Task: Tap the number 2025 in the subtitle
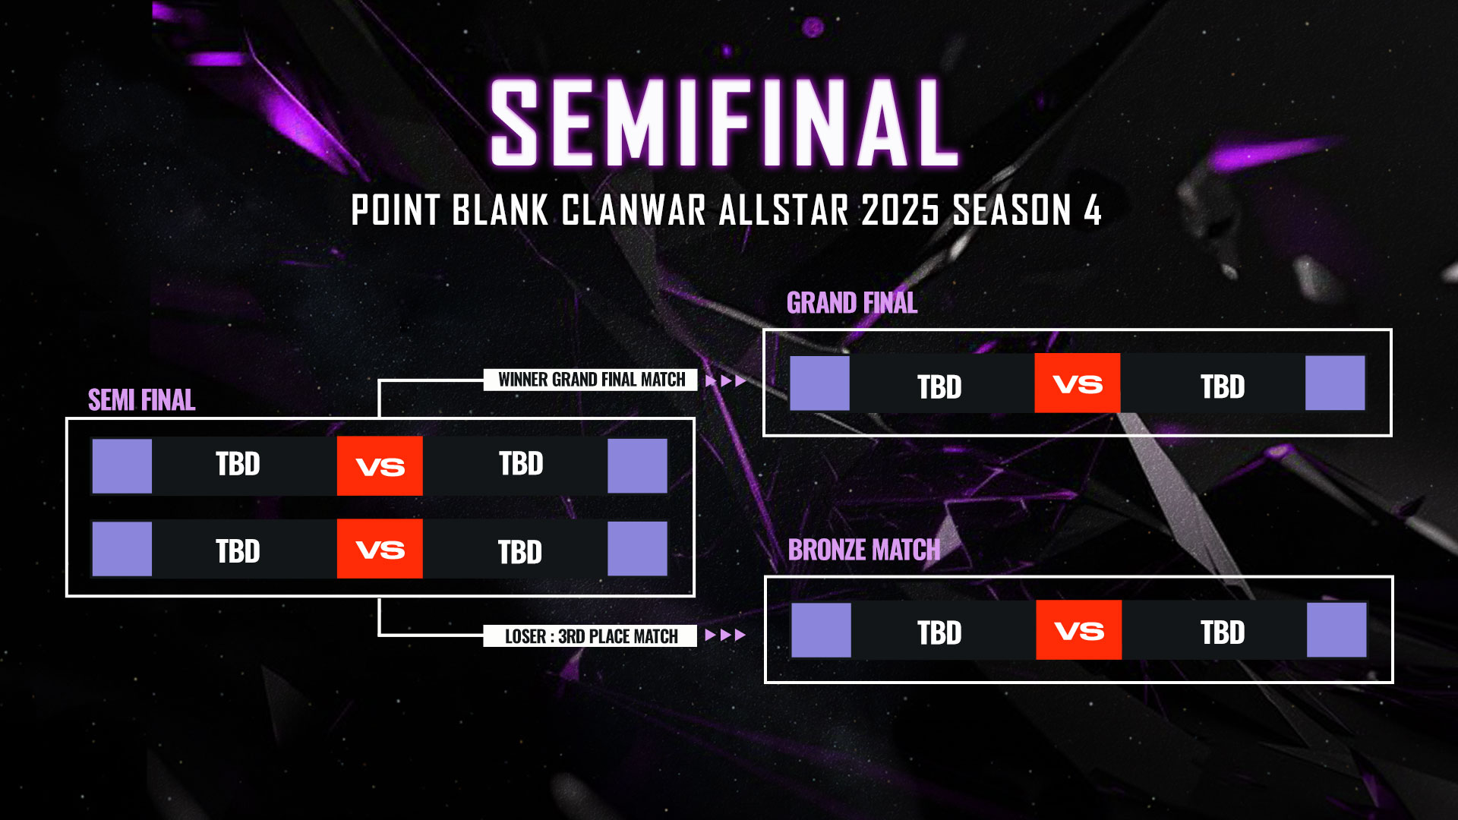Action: tap(900, 210)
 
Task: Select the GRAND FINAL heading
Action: tap(852, 303)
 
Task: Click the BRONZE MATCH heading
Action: tap(863, 550)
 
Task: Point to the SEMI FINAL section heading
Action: tap(142, 400)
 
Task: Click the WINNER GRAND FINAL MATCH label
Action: tap(591, 380)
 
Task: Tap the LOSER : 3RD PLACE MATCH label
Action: tap(591, 636)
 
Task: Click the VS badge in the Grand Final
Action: tap(1077, 383)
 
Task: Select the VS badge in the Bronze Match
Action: tap(1078, 630)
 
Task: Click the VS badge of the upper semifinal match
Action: tap(380, 465)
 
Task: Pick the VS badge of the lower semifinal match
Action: tap(380, 549)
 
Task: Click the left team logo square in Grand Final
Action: tap(819, 383)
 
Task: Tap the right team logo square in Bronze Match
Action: tap(1336, 630)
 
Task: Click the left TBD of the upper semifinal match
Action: tap(238, 464)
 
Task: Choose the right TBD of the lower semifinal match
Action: tap(520, 552)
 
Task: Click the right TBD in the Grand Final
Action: tap(1223, 387)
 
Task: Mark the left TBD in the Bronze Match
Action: tap(939, 632)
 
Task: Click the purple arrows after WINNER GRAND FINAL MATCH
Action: tap(725, 380)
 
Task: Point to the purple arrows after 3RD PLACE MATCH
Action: tap(725, 635)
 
